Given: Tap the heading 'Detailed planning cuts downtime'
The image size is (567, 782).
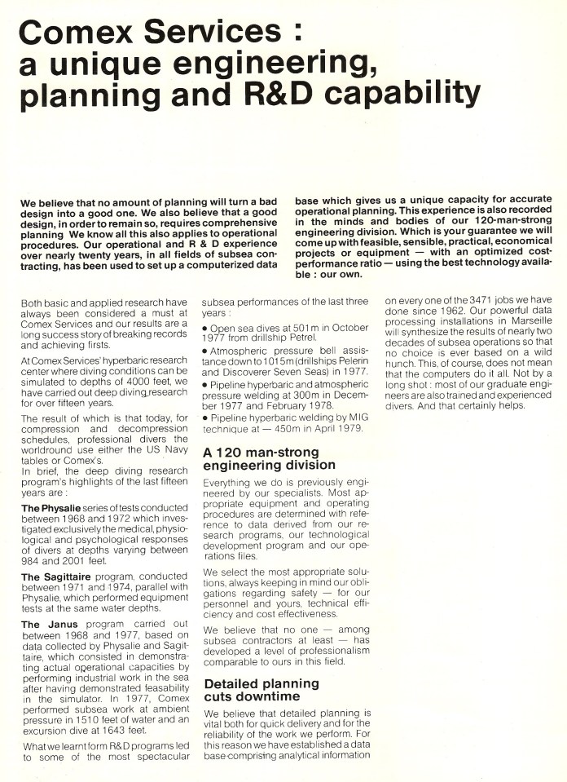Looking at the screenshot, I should [x=262, y=690].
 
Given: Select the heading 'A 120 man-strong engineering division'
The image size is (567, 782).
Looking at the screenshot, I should [x=269, y=458].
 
